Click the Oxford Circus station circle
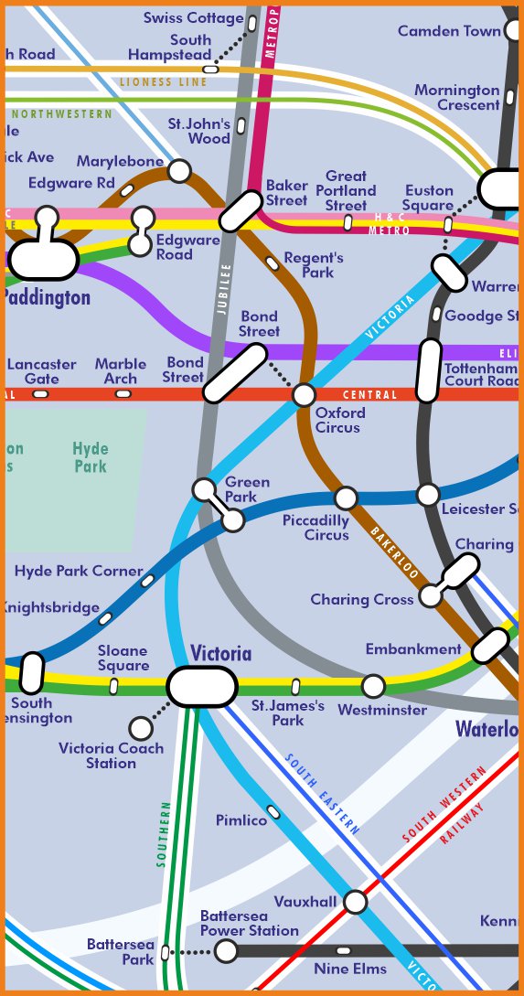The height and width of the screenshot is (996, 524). (304, 395)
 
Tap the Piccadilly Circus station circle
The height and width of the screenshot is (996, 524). (346, 498)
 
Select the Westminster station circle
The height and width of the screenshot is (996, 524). (373, 686)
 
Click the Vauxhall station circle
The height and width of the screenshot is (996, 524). (355, 902)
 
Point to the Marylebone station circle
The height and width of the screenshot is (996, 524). (179, 171)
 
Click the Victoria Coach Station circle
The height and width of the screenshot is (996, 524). (141, 728)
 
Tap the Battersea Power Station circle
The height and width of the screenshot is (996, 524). (226, 951)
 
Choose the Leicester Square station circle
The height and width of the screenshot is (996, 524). (428, 495)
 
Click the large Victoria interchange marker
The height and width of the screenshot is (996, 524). (202, 686)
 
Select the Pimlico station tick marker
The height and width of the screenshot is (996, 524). (273, 812)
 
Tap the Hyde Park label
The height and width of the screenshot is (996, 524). (91, 457)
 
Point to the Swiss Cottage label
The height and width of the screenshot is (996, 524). (194, 18)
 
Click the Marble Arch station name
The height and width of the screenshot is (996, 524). (121, 371)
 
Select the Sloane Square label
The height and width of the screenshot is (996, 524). (123, 658)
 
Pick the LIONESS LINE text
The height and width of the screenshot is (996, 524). (164, 82)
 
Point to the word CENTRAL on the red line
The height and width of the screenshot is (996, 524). (369, 395)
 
